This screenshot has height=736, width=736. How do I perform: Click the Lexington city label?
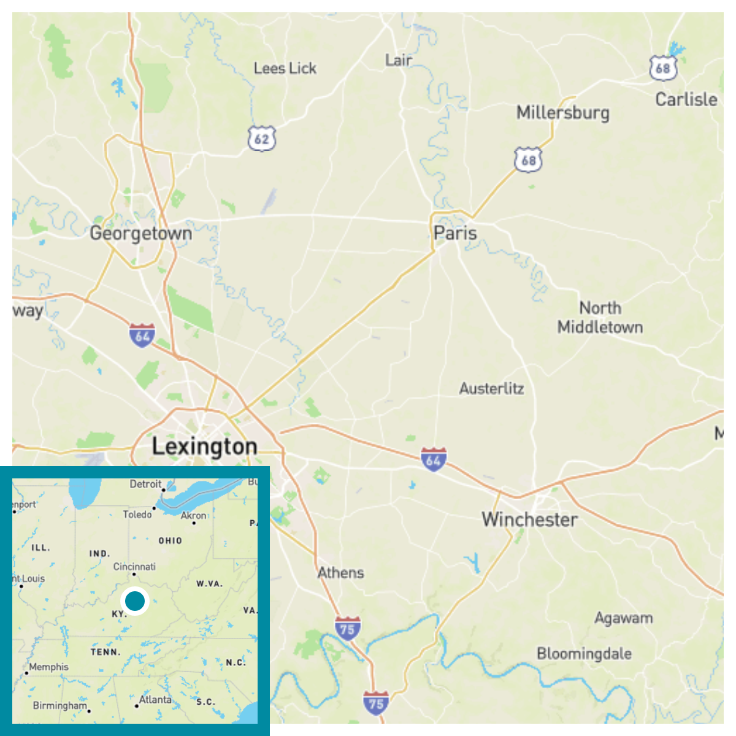(x=204, y=447)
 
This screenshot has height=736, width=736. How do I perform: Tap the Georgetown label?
(x=140, y=234)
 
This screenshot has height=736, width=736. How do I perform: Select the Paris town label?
(x=454, y=233)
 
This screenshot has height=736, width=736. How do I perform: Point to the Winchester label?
(x=529, y=520)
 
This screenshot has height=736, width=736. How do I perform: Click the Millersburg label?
(x=562, y=113)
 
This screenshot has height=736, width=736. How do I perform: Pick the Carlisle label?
(x=686, y=99)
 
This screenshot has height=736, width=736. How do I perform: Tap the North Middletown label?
(x=600, y=318)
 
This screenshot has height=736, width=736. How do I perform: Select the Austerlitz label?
(x=491, y=389)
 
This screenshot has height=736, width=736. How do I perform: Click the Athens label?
(x=340, y=573)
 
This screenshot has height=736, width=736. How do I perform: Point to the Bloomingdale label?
(x=584, y=654)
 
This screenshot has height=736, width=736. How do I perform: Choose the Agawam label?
(x=623, y=618)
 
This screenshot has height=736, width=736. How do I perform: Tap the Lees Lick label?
(x=285, y=69)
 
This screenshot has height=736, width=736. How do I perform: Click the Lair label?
(x=398, y=60)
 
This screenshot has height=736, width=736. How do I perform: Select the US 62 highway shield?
(x=262, y=139)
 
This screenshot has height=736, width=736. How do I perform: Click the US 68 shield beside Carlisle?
(x=663, y=68)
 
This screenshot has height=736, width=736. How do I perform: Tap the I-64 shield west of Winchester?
(x=433, y=460)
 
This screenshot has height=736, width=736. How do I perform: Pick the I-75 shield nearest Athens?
(x=347, y=629)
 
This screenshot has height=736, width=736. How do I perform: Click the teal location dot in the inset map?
(x=135, y=600)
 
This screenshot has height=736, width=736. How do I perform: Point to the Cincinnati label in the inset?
(x=134, y=567)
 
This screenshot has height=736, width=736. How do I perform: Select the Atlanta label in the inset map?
(x=155, y=700)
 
